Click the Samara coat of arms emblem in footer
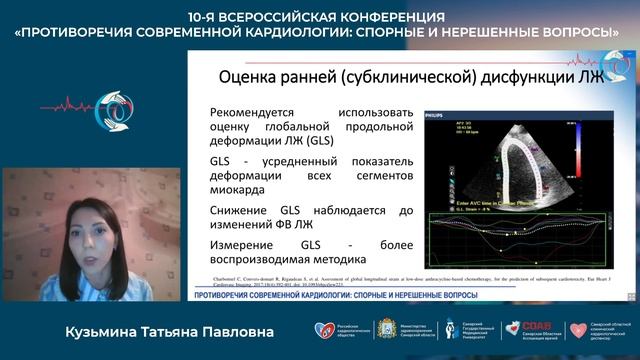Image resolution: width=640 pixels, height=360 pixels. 381,330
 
